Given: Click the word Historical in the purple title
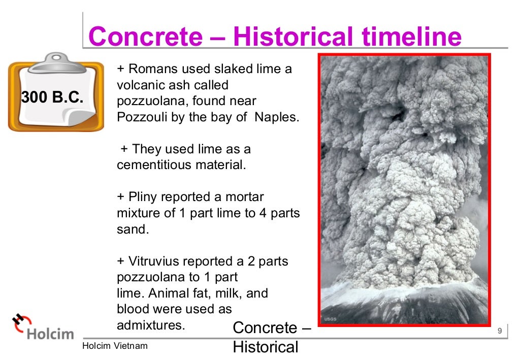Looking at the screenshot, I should point(292,37).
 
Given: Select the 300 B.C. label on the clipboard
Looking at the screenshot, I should point(52,97).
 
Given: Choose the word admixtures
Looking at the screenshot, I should point(150,325).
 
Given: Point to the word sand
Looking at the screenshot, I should point(132,229).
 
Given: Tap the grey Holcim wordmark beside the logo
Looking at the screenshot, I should point(50,334).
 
